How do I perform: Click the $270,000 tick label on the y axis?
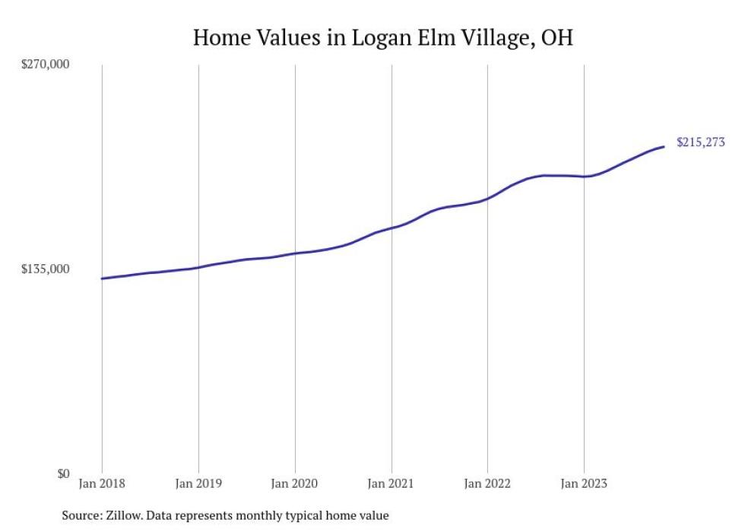(44, 65)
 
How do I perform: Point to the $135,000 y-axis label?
(44, 269)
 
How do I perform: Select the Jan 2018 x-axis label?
(102, 483)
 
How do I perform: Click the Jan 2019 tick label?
(198, 483)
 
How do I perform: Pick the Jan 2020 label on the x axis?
(295, 483)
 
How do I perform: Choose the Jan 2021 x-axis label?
(392, 483)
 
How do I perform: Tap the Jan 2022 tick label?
(487, 483)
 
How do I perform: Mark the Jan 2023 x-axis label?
(584, 483)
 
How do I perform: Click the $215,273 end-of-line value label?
(700, 142)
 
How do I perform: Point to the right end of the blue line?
(664, 146)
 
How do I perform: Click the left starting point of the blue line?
(102, 279)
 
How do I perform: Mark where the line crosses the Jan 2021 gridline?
(392, 228)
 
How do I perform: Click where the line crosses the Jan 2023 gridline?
(584, 177)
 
